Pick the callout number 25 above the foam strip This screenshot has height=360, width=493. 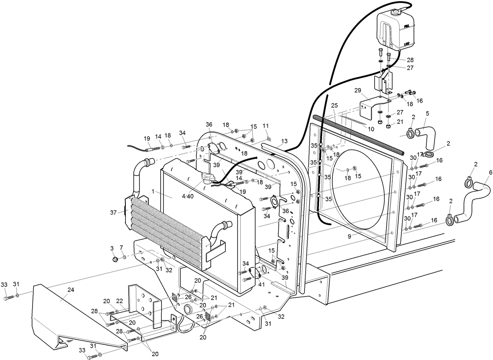tap(334, 106)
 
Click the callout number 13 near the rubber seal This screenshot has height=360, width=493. tap(284, 141)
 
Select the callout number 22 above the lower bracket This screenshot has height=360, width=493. tap(120, 300)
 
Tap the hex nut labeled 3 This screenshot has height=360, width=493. tap(115, 259)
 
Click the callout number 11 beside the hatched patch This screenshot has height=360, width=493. tap(266, 126)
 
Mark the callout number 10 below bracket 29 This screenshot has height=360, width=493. tap(371, 129)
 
